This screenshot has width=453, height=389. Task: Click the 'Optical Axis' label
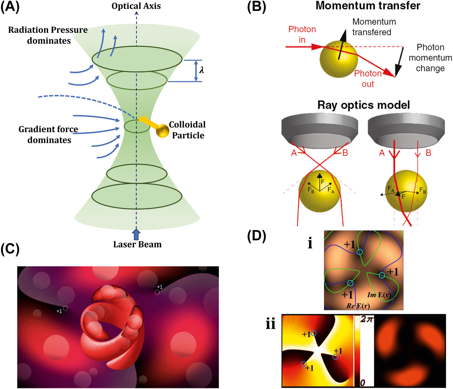[136, 6]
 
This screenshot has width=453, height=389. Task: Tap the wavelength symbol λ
[202, 70]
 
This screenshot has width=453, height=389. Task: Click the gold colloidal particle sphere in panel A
[162, 131]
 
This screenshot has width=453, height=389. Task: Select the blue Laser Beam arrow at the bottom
[136, 235]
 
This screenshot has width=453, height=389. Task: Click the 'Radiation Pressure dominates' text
[48, 35]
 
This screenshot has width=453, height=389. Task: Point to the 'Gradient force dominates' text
[48, 135]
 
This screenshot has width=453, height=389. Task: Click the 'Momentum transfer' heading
[368, 6]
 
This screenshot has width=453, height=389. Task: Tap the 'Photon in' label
[302, 34]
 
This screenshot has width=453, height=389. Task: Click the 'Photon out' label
[368, 79]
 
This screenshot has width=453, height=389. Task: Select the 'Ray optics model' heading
[364, 105]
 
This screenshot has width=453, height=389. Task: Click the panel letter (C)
[10, 249]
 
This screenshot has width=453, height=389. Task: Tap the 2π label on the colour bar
[367, 319]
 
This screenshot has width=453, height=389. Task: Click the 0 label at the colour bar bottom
[362, 383]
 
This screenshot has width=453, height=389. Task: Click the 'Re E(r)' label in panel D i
[358, 306]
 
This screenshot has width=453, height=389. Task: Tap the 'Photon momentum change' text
[430, 58]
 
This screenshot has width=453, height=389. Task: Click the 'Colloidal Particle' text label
[187, 130]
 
